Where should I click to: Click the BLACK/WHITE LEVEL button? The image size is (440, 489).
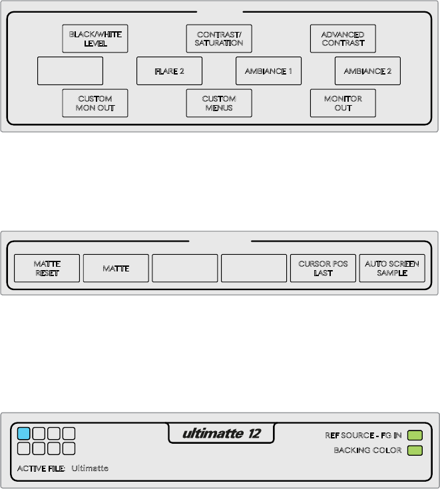(95, 39)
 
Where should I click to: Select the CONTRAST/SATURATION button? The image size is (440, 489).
(219, 39)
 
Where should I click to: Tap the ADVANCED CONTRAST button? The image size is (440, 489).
(343, 39)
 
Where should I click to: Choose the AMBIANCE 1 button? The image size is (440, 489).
(268, 71)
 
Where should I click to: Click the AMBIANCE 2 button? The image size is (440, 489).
(367, 71)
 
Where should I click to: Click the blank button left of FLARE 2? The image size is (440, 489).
(71, 71)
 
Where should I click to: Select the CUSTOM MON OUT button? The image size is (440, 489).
(95, 103)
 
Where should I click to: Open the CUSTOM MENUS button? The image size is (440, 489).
(219, 103)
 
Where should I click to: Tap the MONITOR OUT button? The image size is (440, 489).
(343, 103)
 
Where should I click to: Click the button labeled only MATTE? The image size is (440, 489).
(116, 269)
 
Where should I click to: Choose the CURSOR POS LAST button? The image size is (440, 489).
(323, 269)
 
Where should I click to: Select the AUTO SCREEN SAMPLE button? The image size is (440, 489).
(392, 269)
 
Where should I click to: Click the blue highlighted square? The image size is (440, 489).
(24, 434)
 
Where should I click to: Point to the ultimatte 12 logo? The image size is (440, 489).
(222, 434)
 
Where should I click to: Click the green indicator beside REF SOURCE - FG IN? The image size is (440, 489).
(415, 436)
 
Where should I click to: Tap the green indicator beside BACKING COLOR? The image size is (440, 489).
(415, 450)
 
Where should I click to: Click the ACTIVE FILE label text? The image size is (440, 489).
(41, 468)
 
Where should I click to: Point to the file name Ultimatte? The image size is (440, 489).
(90, 468)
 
